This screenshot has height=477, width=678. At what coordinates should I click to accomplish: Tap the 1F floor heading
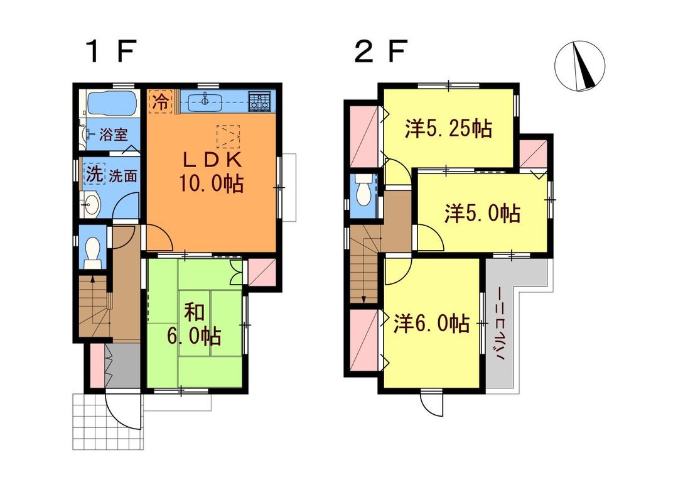tap(111, 52)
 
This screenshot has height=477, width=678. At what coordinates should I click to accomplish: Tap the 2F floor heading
tap(380, 52)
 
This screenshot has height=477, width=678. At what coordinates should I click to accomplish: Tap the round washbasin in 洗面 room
tap(92, 204)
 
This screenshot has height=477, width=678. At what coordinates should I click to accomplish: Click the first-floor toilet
tap(92, 251)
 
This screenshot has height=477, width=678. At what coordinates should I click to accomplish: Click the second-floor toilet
tap(363, 191)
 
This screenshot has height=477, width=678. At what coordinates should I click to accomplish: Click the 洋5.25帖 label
tap(447, 128)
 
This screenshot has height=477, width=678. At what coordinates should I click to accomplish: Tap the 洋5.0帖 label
tap(482, 214)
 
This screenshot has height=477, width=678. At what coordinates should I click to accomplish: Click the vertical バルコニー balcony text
tap(502, 324)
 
